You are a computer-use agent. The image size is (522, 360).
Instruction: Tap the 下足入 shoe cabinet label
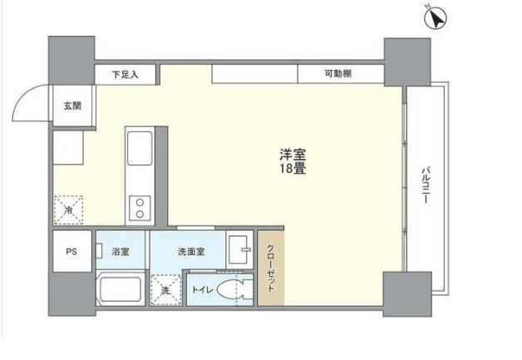[126, 75]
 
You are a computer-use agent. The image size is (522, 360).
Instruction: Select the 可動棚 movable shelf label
[337, 75]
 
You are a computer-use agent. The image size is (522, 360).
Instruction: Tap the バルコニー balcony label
[425, 187]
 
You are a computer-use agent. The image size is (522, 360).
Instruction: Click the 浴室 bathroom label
[121, 251]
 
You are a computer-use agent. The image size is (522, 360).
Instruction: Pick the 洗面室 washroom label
[190, 251]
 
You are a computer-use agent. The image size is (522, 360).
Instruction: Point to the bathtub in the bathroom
[119, 290]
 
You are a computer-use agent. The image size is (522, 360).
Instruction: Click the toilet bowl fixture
[237, 291]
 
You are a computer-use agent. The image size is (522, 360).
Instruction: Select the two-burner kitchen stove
[138, 205]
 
